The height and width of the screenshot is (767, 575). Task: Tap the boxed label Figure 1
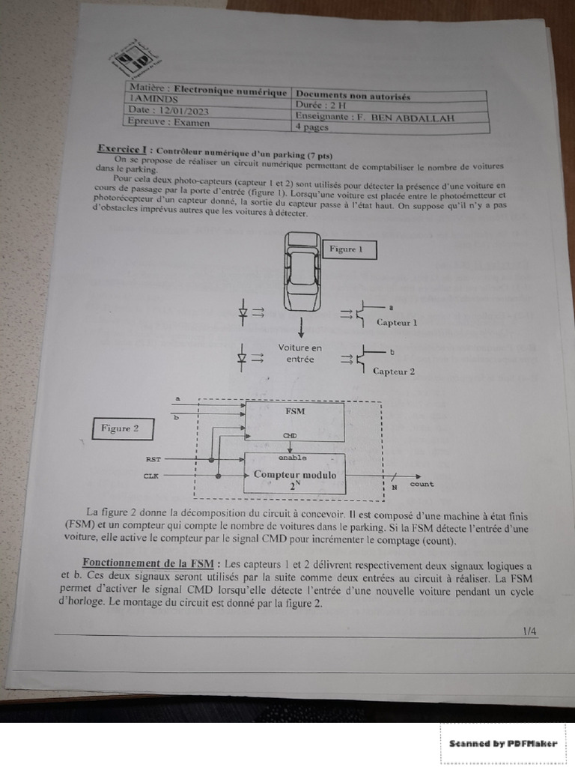349,249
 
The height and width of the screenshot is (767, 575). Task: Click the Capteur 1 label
396,323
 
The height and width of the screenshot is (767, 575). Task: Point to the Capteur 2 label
394,371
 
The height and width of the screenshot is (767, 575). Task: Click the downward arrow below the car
301,328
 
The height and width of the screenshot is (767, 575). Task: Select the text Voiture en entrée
300,354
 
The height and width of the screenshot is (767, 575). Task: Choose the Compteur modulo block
295,474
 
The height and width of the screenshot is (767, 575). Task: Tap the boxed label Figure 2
124,429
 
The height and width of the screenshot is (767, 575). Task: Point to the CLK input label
150,476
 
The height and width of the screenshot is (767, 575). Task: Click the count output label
422,485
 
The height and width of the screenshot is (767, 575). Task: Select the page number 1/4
529,631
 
